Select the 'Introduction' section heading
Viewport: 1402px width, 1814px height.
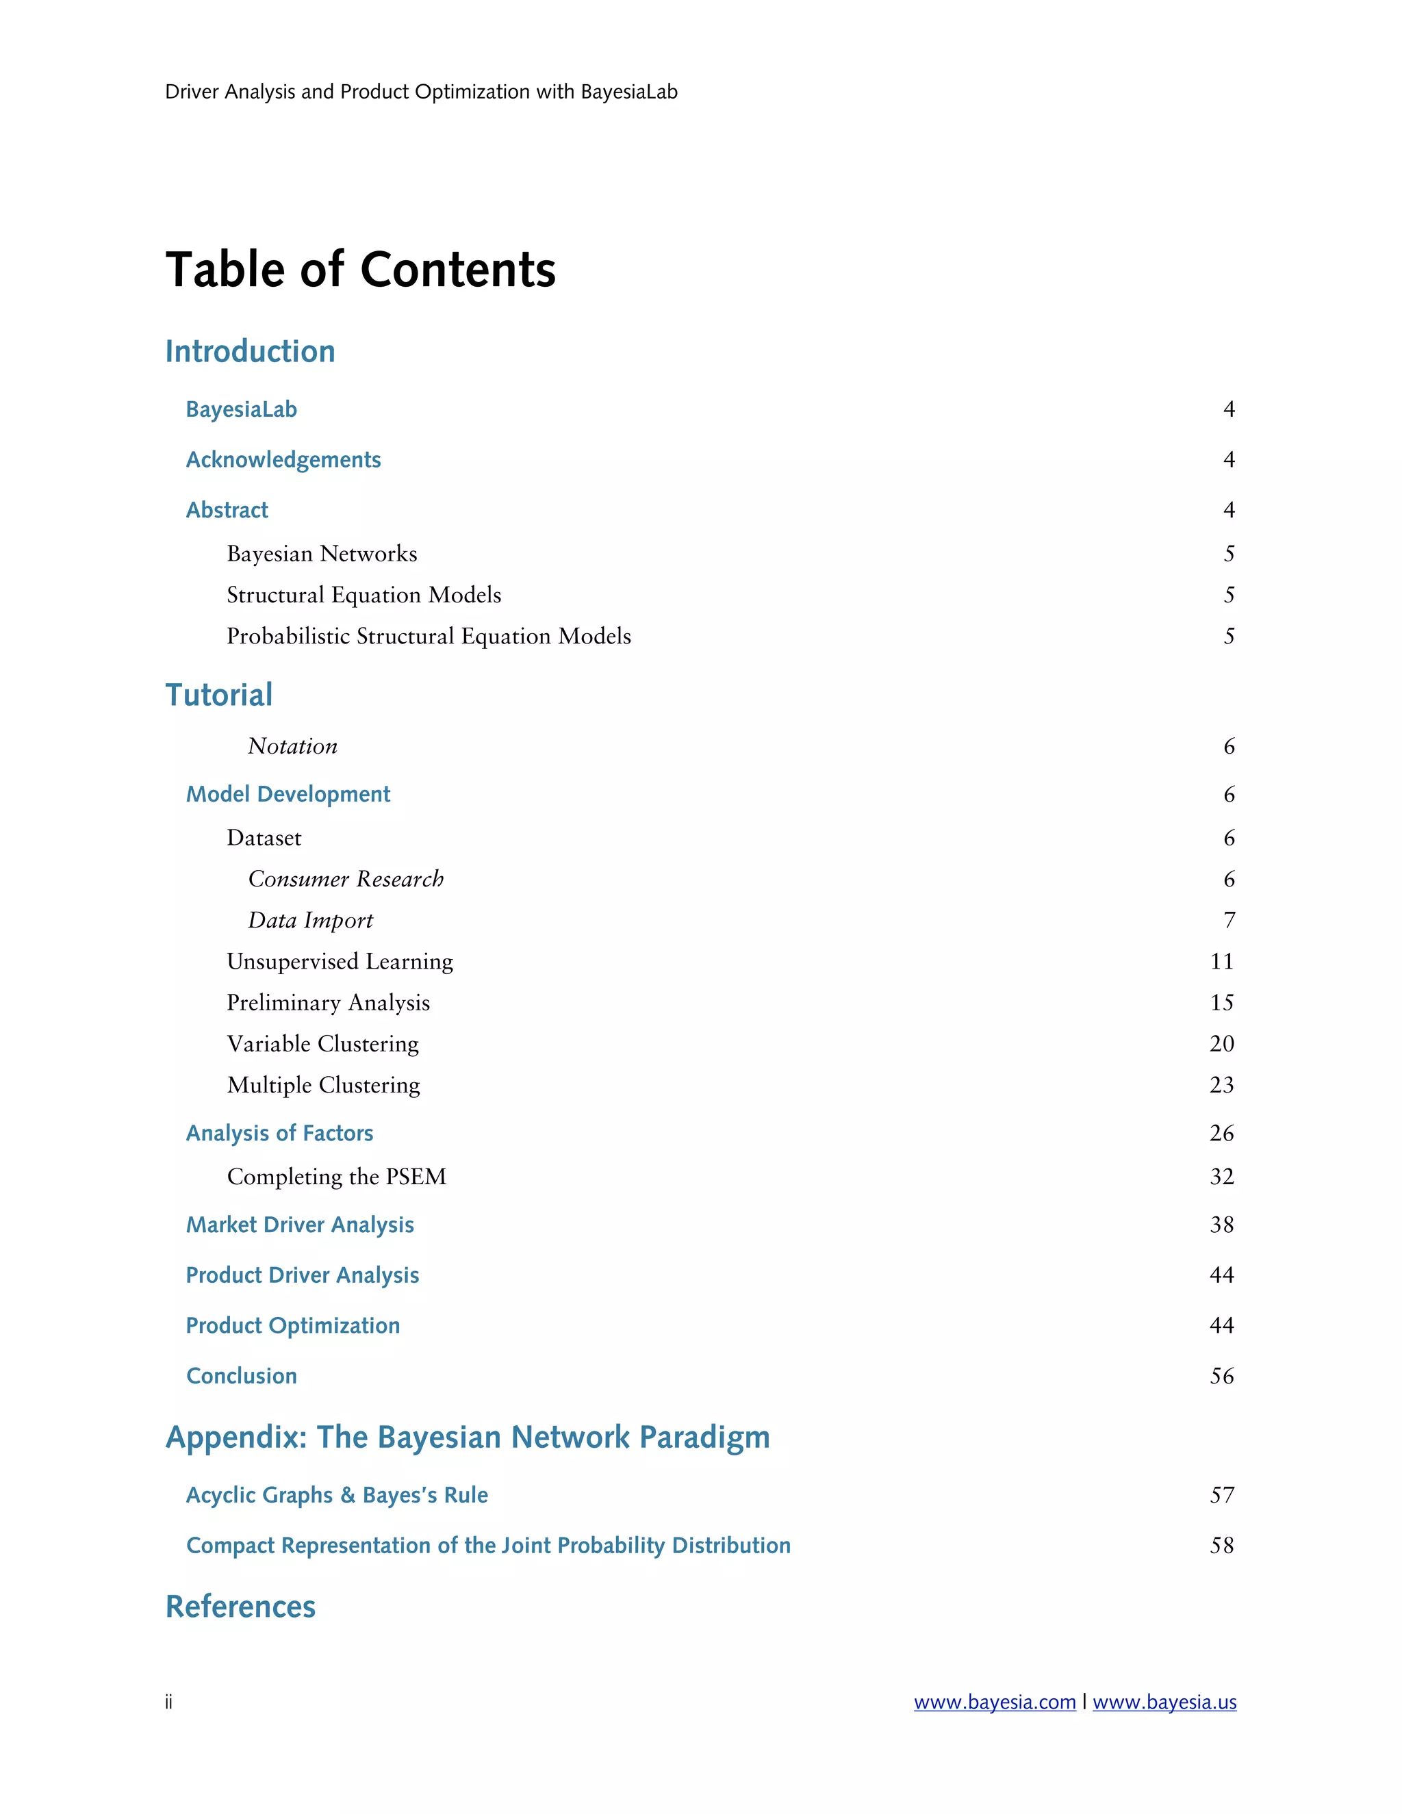(x=250, y=351)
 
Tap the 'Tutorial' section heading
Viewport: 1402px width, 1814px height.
(x=218, y=695)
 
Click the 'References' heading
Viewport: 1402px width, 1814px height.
(x=240, y=1607)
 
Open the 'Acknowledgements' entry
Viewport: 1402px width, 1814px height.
(x=283, y=459)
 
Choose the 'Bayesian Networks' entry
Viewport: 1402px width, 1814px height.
(x=322, y=554)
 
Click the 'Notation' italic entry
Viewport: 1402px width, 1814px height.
(x=292, y=746)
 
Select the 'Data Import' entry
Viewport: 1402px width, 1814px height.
(x=310, y=920)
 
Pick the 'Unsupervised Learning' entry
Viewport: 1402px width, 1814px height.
(x=340, y=961)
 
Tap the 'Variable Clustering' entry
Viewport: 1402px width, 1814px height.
(x=322, y=1043)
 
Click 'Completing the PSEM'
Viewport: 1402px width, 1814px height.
(x=336, y=1176)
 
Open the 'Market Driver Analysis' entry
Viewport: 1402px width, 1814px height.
(x=300, y=1225)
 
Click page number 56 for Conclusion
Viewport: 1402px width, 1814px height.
(x=1221, y=1377)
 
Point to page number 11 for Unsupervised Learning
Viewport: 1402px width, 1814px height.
(x=1221, y=961)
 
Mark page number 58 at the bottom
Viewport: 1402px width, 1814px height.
(x=1221, y=1545)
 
